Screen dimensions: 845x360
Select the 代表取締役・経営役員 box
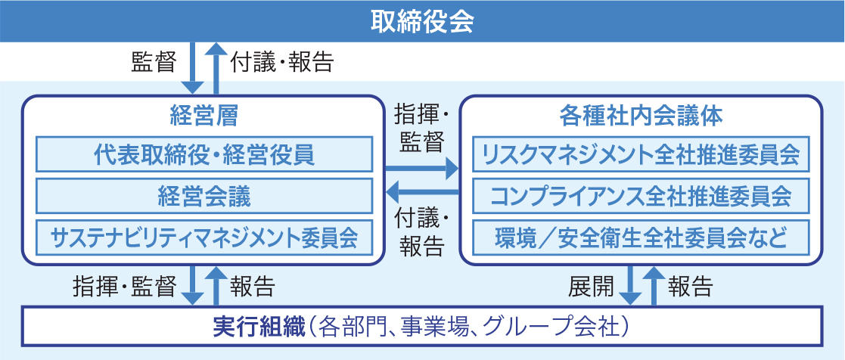tap(204, 154)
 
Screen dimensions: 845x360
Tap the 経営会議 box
tap(204, 196)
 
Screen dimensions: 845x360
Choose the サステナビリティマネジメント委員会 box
tap(204, 237)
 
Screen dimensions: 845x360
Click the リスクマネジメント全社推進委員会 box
tap(641, 154)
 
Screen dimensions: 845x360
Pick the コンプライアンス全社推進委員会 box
tap(641, 196)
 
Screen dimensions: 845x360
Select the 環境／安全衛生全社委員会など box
tap(641, 237)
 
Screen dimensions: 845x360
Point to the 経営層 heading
tap(204, 116)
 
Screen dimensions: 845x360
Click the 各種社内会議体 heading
tap(641, 116)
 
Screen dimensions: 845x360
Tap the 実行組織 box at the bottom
tap(422, 326)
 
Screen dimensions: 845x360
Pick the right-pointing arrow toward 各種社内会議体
tap(421, 169)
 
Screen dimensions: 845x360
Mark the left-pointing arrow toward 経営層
tap(422, 191)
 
